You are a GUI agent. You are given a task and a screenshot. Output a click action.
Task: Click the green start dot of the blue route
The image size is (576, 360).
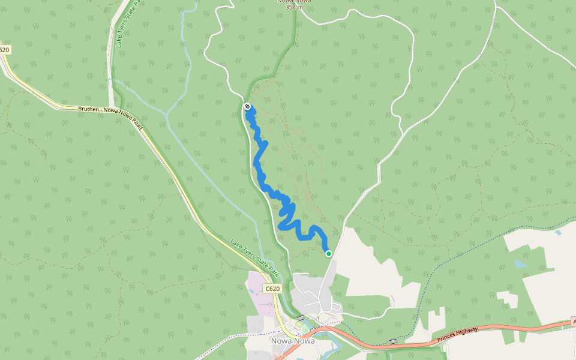(329, 254)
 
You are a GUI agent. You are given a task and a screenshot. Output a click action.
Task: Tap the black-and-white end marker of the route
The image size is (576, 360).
(247, 107)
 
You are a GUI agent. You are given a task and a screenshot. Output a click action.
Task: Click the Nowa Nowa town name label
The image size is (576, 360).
(293, 341)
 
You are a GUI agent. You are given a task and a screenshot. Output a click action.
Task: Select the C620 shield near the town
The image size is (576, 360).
(272, 289)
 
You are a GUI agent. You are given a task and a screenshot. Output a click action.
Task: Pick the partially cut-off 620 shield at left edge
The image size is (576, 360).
(4, 50)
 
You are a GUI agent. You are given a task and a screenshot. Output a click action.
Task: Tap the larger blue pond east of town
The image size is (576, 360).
(520, 264)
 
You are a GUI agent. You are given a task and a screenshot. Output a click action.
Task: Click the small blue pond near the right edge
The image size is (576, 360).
(559, 232)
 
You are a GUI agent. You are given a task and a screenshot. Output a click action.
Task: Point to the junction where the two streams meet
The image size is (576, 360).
(166, 113)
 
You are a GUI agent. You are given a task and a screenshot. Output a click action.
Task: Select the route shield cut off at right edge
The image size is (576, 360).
(573, 322)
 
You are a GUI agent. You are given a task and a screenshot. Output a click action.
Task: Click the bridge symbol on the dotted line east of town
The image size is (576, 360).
(393, 341)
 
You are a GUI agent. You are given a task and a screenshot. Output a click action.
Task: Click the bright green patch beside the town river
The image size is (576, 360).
(300, 327)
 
